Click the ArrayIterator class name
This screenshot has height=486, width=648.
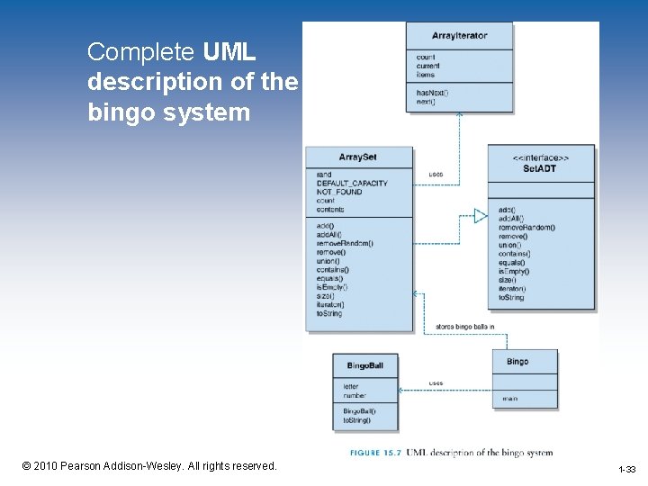point(459,36)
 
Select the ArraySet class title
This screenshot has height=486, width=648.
point(357,157)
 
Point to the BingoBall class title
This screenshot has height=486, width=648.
point(364,365)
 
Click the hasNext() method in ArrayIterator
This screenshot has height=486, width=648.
point(432,93)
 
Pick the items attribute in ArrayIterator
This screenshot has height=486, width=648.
point(425,75)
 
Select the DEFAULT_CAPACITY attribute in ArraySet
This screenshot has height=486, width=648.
point(352,183)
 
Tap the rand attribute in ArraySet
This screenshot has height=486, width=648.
point(324,175)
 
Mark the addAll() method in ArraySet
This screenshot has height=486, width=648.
point(328,234)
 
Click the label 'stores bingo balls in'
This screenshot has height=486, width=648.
point(465,326)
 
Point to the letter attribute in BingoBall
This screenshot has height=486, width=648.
point(350,386)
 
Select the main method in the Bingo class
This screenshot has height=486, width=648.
point(509,397)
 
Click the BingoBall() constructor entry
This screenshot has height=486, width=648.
point(359,411)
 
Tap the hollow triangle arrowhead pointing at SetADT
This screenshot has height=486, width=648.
point(481,215)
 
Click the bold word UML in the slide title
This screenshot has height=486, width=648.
point(230,51)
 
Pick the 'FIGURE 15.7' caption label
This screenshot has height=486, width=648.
point(375,453)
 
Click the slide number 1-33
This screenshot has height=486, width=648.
point(626,469)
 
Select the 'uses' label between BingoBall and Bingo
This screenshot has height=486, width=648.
point(436,382)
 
